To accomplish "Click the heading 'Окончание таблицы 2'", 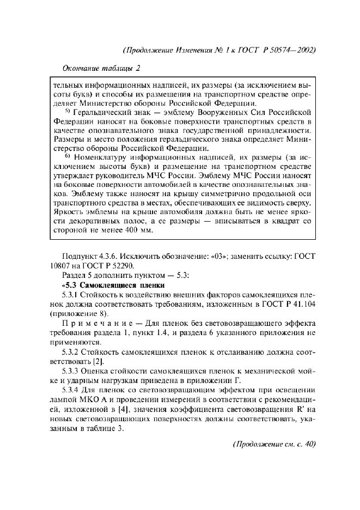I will (99, 68).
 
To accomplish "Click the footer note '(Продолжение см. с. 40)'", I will (274, 444).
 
